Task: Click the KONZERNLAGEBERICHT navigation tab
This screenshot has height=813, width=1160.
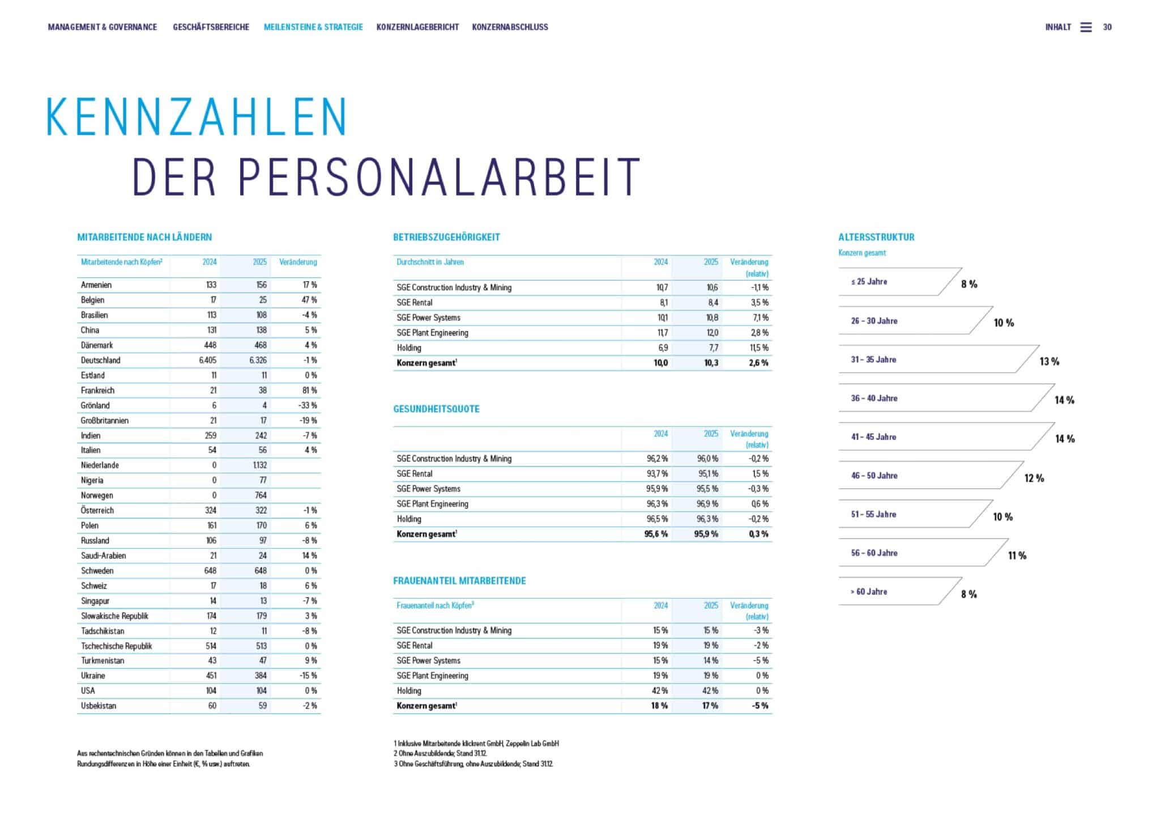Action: [417, 27]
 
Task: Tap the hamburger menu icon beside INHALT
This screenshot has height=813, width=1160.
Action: [1086, 27]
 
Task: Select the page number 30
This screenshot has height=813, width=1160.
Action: [1107, 27]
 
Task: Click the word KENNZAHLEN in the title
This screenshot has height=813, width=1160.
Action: [196, 117]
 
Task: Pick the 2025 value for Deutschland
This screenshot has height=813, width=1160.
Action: [258, 360]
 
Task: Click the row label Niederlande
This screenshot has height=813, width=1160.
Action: [100, 465]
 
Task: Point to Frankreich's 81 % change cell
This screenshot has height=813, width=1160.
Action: [309, 391]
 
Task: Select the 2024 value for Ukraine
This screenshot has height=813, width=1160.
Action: [210, 676]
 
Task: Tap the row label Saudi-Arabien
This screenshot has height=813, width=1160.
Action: [103, 556]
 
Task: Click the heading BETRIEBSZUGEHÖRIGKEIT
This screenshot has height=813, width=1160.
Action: [446, 237]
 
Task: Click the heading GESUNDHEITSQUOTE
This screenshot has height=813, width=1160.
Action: [436, 409]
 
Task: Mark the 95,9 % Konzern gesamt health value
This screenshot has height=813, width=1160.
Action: [706, 534]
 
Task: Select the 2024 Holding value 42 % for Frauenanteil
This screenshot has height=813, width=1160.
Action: [660, 691]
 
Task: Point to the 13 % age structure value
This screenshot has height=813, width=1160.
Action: [1050, 362]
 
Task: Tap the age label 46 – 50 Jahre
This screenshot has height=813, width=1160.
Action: [874, 476]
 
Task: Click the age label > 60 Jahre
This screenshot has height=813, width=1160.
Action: [869, 592]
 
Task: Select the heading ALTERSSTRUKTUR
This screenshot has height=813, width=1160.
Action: [876, 237]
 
